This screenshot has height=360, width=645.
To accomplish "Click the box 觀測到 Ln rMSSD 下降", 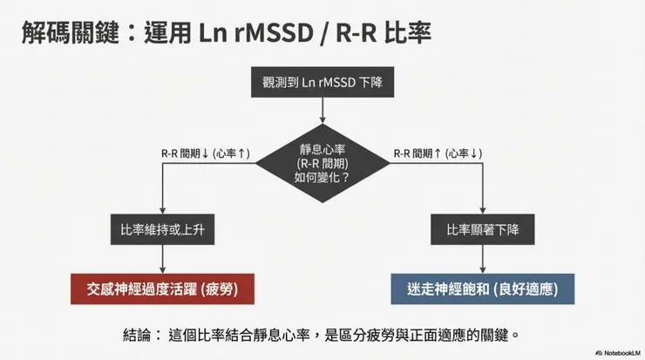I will point(322,85).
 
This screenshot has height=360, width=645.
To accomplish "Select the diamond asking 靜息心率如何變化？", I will point(322,158).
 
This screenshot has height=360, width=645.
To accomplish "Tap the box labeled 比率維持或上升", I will point(162,230).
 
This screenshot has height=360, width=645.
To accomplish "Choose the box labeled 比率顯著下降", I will point(483,230).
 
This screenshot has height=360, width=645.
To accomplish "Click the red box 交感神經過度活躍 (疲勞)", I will point(163,289).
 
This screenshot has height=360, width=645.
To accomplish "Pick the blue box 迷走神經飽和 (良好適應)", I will point(483,289).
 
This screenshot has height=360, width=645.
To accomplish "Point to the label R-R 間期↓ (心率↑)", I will point(207,154).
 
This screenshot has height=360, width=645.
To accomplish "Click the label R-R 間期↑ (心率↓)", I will point(438,154).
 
